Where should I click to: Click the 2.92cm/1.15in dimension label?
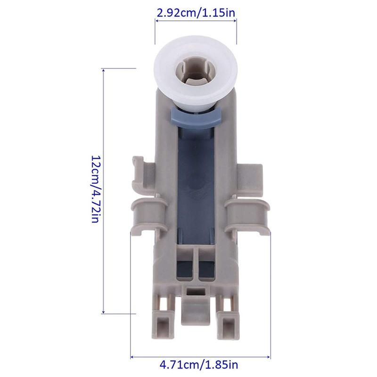click(x=196, y=13)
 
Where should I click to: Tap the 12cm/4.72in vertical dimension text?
click(x=96, y=189)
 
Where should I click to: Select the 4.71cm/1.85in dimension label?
click(x=199, y=365)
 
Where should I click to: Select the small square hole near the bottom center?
click(x=196, y=292)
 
